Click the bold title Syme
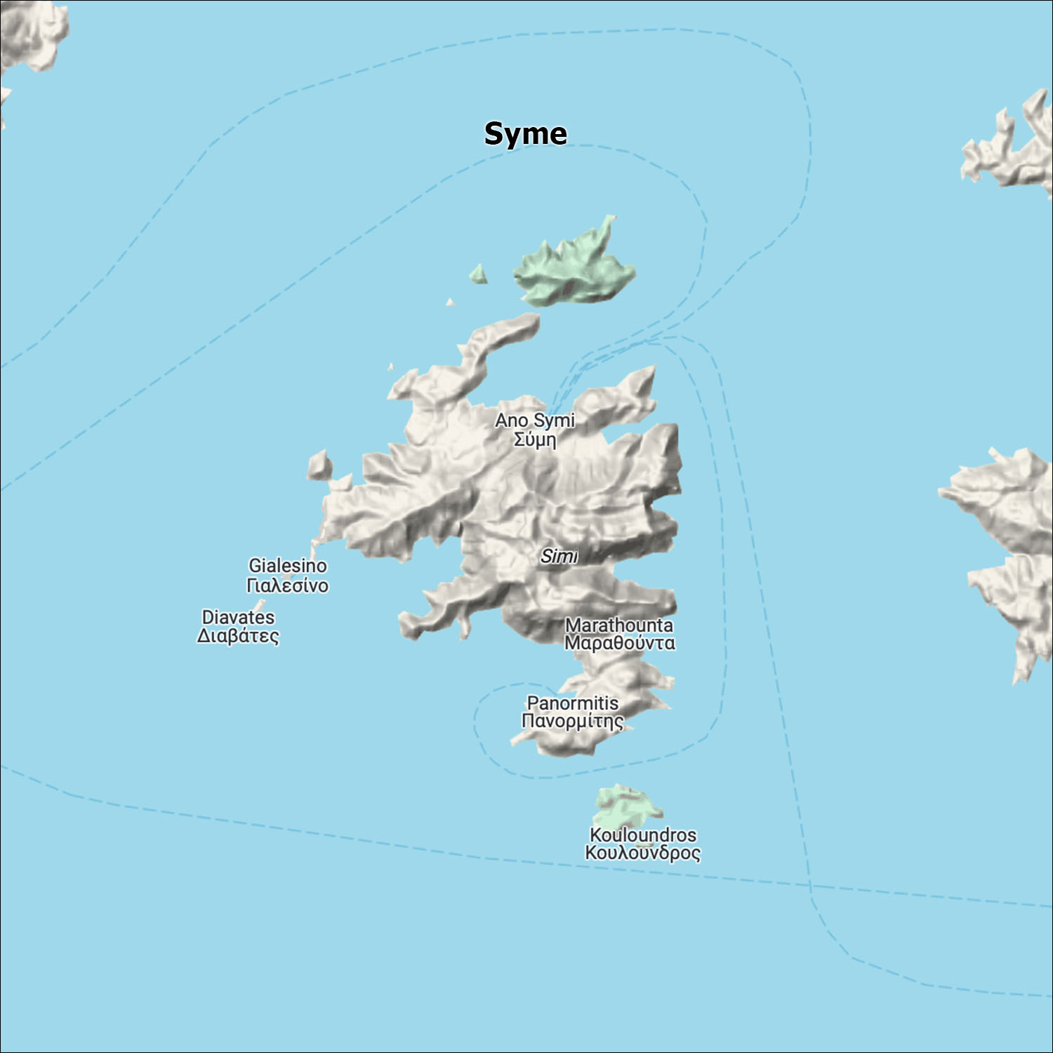coord(525,133)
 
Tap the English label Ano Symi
coord(534,420)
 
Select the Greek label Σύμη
coord(535,440)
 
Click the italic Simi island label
coord(559,556)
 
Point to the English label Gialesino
coord(288,565)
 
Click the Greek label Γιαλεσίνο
coord(287,585)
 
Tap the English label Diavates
coord(238,617)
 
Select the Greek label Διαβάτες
coord(238,636)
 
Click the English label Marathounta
coord(618,624)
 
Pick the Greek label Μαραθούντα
coord(619,642)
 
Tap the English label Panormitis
coord(572,703)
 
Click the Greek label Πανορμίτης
coord(572,721)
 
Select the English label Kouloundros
coord(642,835)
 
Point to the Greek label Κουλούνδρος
coord(642,853)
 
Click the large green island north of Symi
coord(576,270)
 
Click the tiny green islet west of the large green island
coord(479,274)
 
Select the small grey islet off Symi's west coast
coord(319,465)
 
